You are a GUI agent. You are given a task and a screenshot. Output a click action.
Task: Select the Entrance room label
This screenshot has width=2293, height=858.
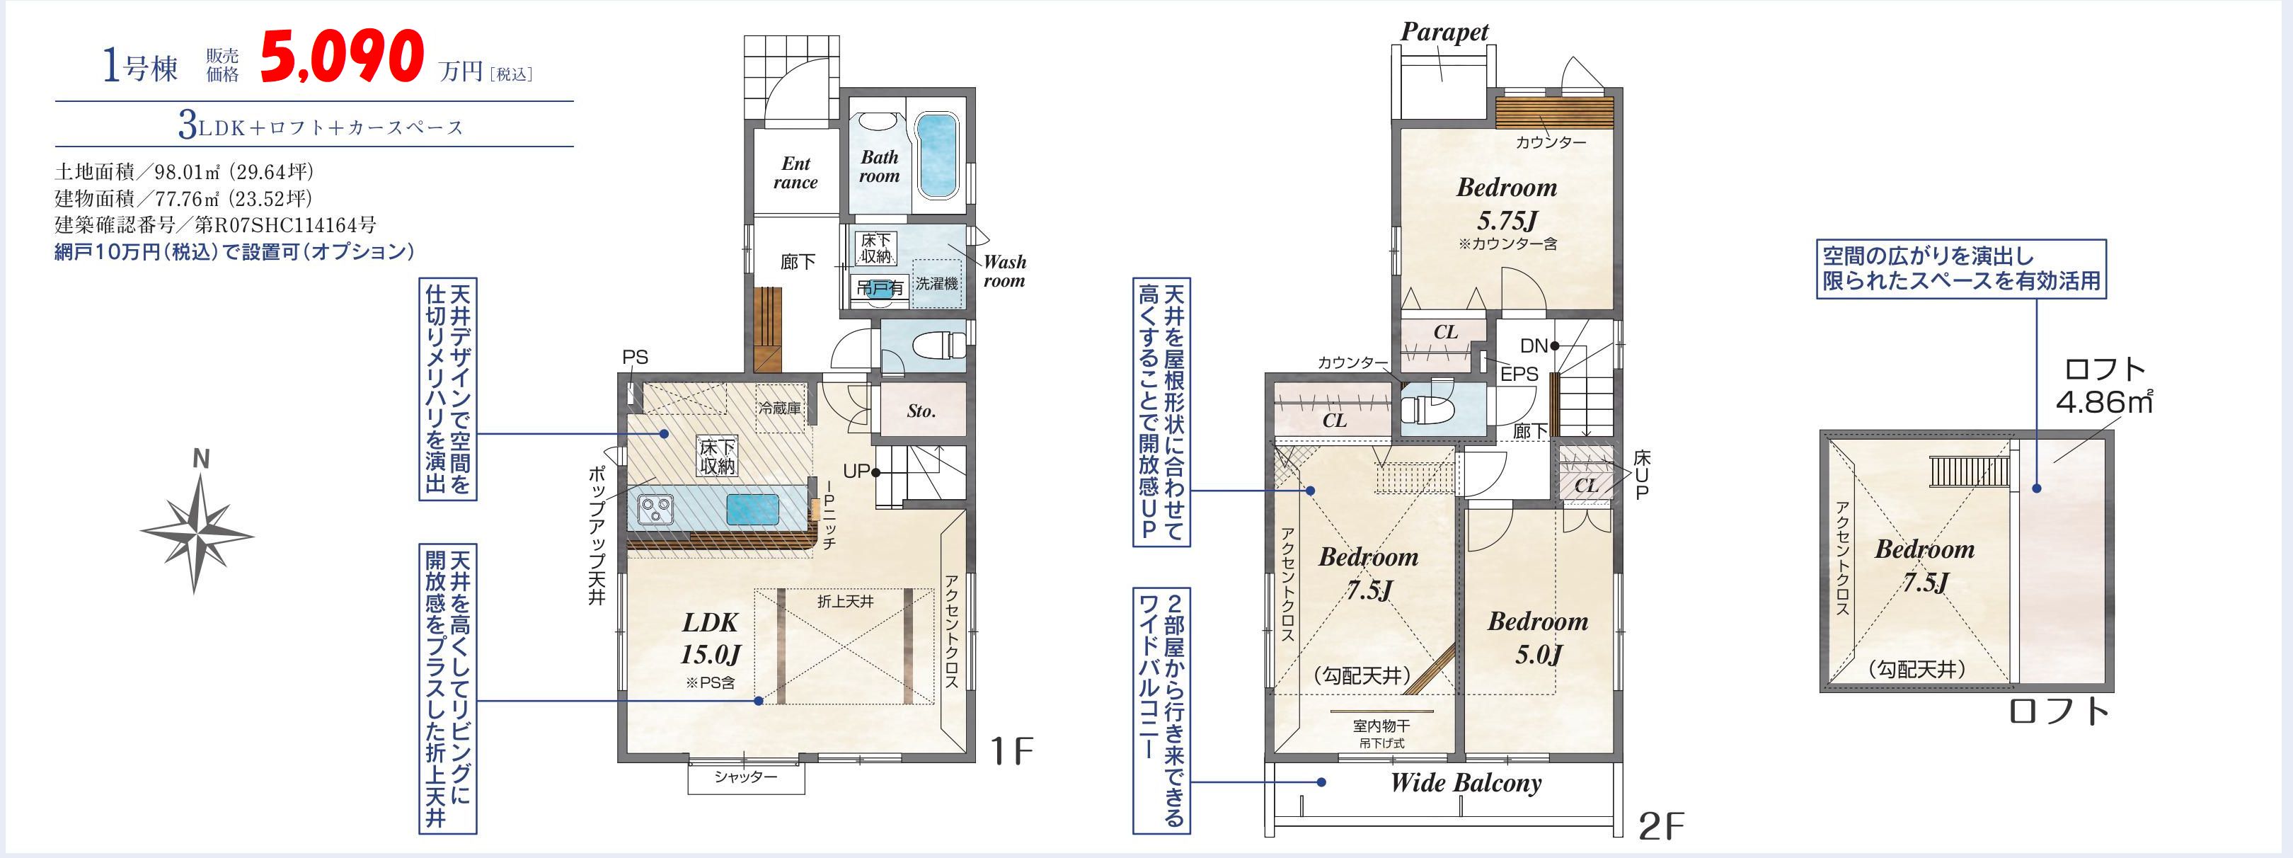795,173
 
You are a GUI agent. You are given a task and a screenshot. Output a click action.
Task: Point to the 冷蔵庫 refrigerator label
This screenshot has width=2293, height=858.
780,408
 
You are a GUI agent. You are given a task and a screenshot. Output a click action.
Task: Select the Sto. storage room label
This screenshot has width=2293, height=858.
921,411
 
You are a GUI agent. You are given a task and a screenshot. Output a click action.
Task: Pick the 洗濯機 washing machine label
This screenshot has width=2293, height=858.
937,283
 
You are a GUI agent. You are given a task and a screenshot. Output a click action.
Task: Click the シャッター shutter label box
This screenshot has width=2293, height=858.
746,778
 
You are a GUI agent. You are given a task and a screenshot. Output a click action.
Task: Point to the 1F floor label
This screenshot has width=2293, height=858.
1012,752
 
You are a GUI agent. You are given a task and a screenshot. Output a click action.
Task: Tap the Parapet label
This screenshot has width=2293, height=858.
1444,32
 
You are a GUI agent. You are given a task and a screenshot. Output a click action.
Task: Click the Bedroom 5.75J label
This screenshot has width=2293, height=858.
1507,204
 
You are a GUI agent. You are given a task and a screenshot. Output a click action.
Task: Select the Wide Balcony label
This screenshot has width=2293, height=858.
1466,783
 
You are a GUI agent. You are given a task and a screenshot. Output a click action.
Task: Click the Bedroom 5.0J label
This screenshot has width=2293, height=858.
1537,638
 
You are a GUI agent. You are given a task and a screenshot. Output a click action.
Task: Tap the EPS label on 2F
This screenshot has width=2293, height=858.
1519,374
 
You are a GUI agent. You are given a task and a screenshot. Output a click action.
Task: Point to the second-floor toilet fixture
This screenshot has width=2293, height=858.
1427,408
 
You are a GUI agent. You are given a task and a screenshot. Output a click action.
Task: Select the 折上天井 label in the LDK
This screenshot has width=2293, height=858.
846,602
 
